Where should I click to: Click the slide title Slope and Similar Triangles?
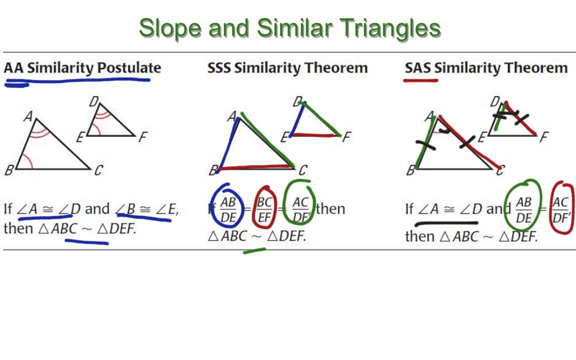coord(289,28)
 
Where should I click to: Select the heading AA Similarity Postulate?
coord(82,68)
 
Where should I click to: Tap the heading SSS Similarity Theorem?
coord(287,68)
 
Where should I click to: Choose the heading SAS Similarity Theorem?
coord(486,68)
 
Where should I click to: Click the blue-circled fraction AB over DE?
coord(228,209)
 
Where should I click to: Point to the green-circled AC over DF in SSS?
coord(300,209)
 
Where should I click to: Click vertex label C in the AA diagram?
coord(98,170)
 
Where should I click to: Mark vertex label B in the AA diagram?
coord(8,170)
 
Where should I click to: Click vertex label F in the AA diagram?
coord(142,137)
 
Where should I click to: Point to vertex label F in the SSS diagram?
coord(346,136)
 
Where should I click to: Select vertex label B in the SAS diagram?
coord(410,170)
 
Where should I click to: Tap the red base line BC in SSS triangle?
coord(255,167)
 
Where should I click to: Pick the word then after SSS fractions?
coord(330,208)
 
